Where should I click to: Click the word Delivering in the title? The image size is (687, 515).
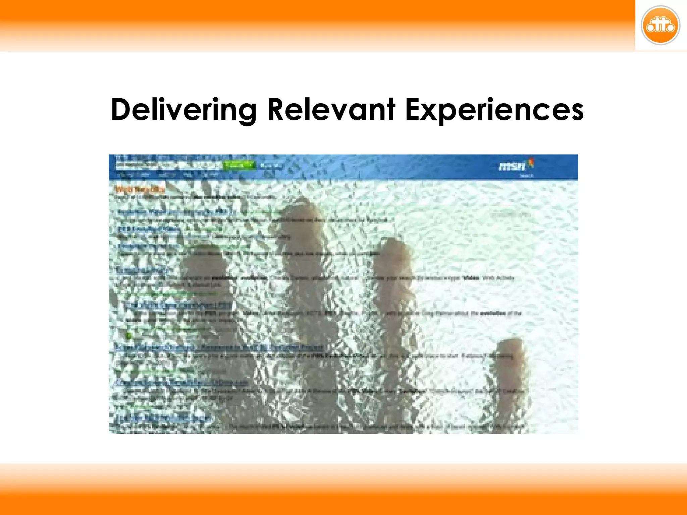(x=184, y=110)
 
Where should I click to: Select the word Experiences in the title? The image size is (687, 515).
(x=494, y=110)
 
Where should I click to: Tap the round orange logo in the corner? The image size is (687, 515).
(x=660, y=25)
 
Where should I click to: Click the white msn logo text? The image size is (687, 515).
(x=512, y=166)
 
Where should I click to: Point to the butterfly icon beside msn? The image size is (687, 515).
(x=531, y=163)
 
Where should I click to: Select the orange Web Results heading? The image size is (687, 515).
(x=140, y=189)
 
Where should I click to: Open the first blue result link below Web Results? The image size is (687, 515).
(x=176, y=212)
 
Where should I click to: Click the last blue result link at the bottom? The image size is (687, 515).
(x=163, y=418)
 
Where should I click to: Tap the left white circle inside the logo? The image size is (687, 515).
(x=650, y=27)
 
